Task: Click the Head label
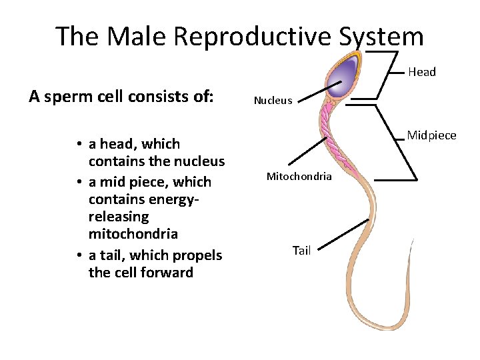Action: (x=421, y=72)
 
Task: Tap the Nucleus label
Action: (x=273, y=101)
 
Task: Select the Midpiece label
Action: (x=431, y=136)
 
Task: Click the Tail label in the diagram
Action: (x=301, y=251)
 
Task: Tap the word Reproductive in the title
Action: (x=255, y=36)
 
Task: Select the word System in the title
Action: (x=380, y=36)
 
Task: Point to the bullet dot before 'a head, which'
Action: (x=79, y=145)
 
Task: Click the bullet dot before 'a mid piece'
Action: (x=79, y=183)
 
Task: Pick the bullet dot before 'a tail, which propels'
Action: (x=79, y=256)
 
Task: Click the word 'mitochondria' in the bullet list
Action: (x=133, y=234)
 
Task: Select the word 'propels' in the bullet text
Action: (x=197, y=255)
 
